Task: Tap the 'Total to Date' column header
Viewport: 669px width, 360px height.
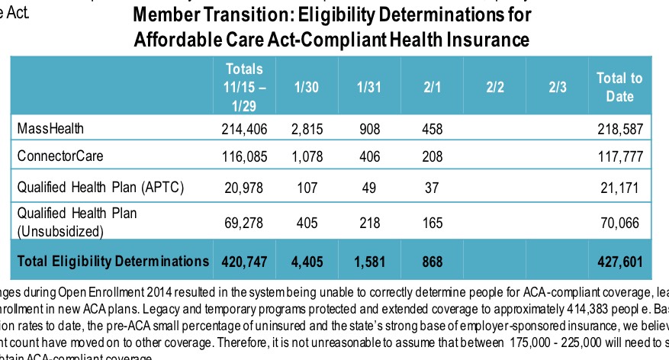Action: (x=619, y=86)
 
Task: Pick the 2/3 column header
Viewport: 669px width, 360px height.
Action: (x=557, y=86)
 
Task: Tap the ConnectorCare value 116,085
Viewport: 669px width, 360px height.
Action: (x=244, y=156)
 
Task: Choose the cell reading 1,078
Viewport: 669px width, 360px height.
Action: (x=308, y=156)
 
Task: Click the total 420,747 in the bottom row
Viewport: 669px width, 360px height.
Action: (x=244, y=262)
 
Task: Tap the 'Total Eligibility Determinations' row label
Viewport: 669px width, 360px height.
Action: (x=112, y=261)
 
